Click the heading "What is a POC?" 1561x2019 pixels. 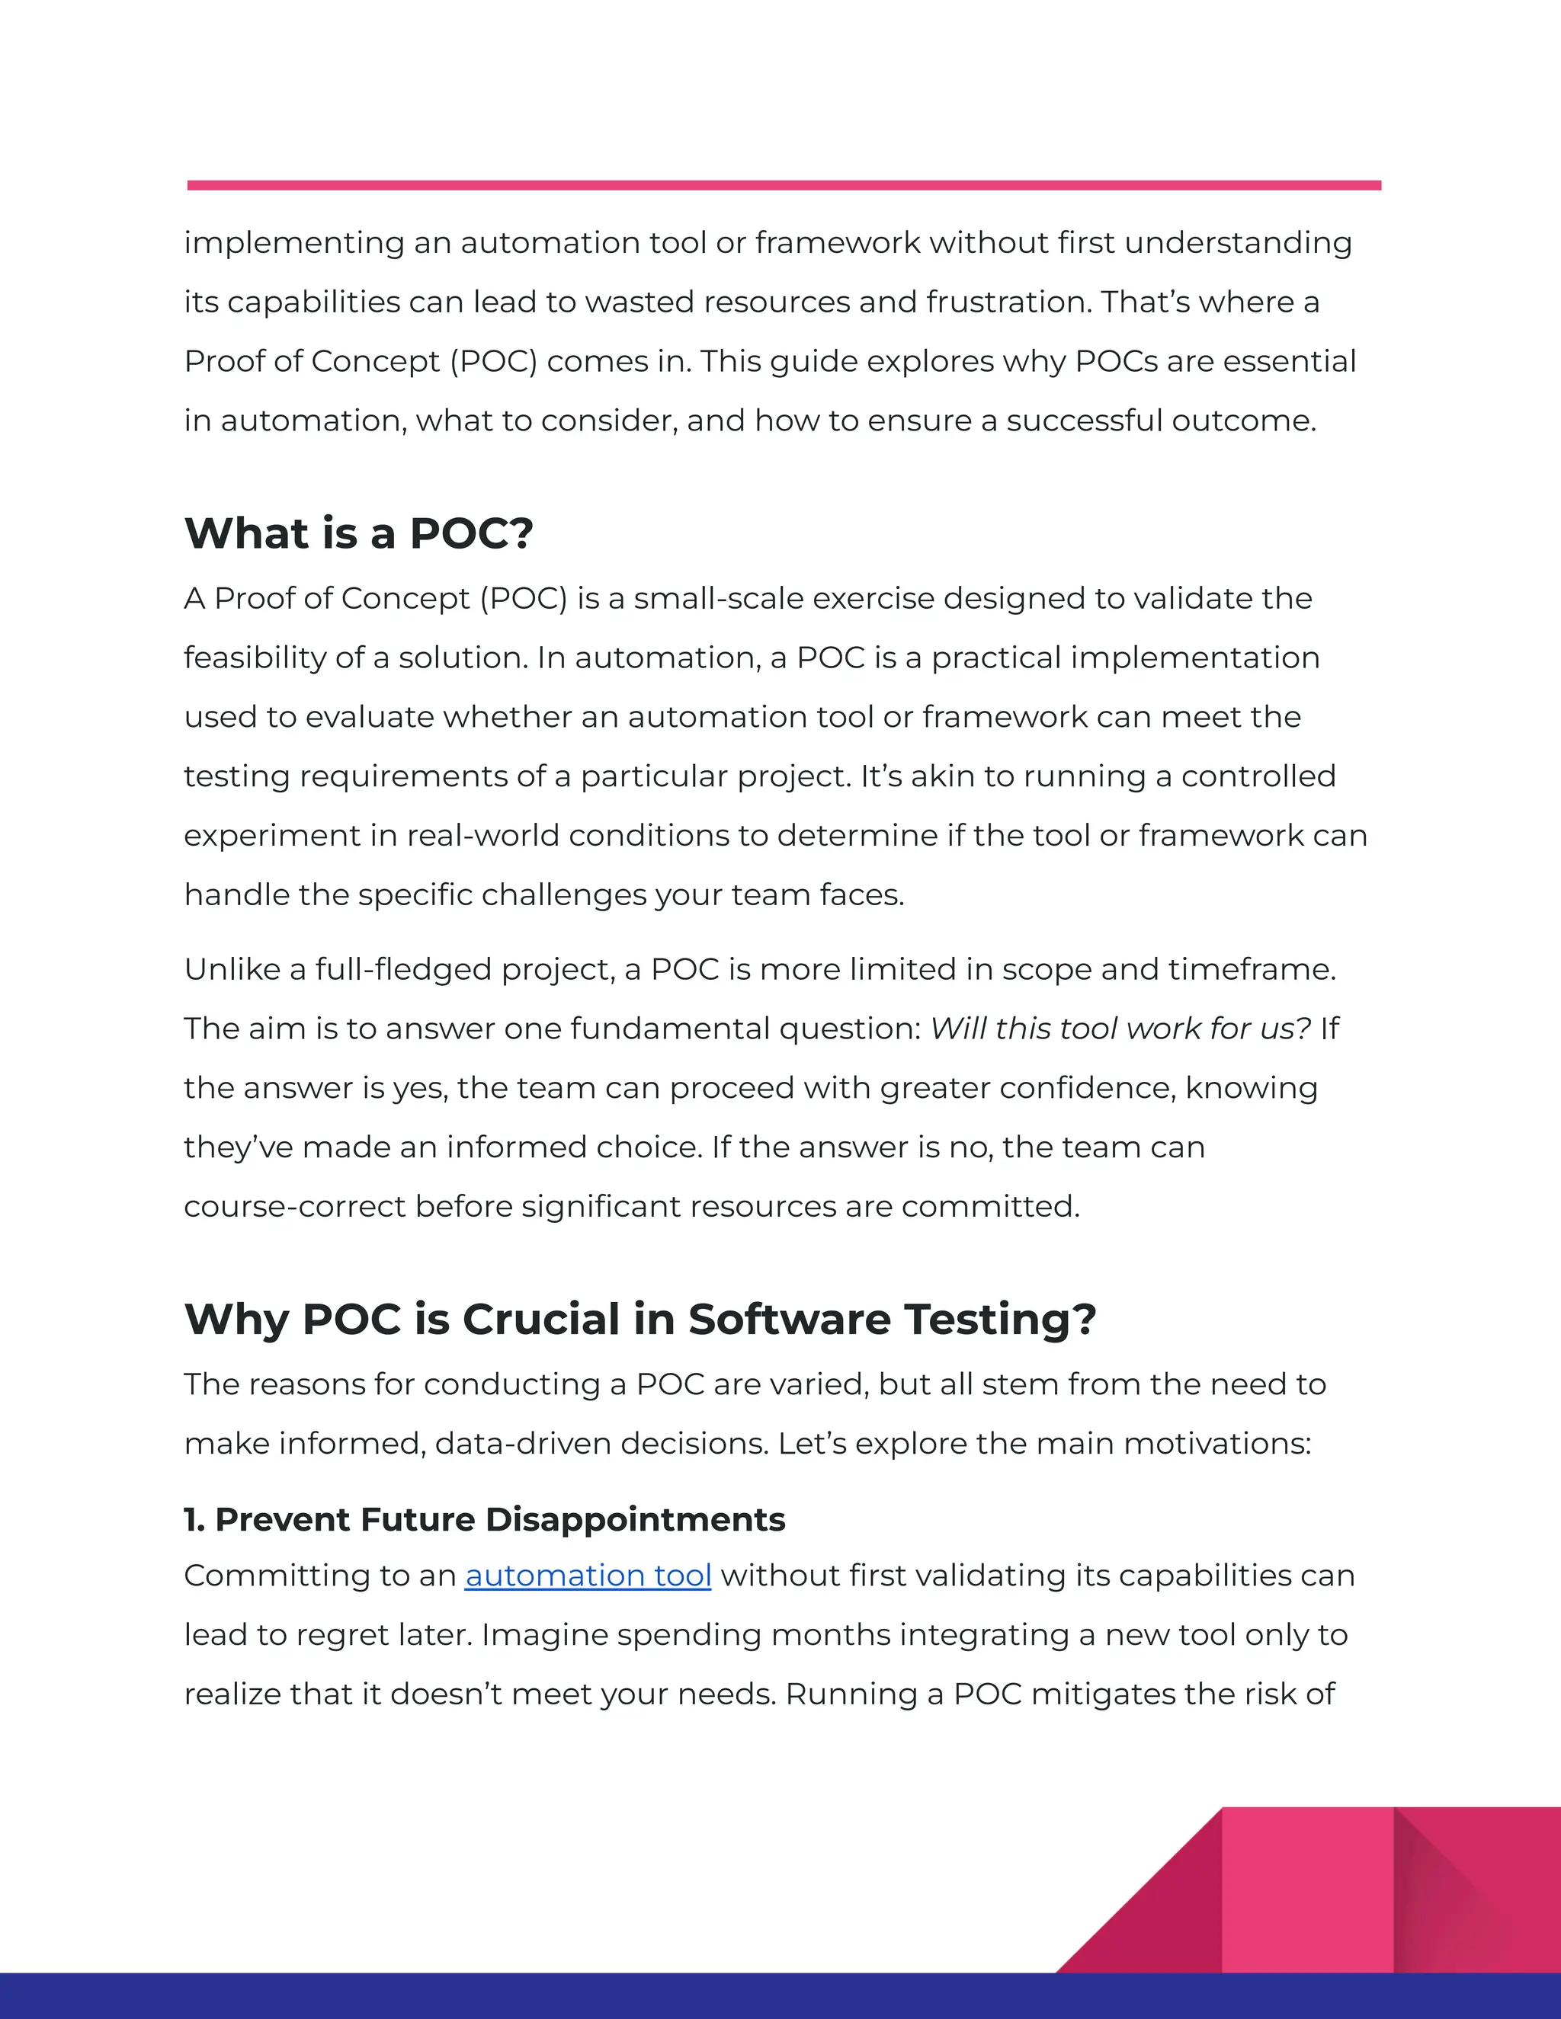[x=359, y=533]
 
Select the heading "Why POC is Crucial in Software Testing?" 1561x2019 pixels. [x=640, y=1318]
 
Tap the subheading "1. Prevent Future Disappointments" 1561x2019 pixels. [x=485, y=1519]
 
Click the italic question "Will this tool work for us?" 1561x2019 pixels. [x=1120, y=1028]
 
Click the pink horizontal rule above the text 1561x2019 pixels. [x=784, y=186]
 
